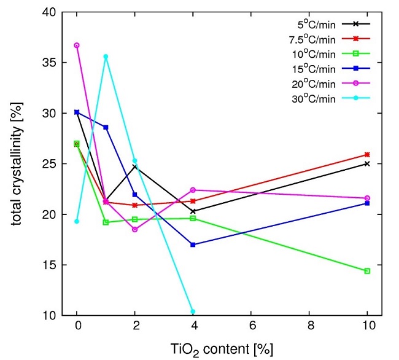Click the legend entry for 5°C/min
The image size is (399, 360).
313,25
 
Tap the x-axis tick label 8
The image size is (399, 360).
309,329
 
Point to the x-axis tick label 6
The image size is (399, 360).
251,329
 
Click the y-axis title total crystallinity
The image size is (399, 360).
16,163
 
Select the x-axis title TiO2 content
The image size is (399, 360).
222,348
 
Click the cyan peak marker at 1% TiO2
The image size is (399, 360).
106,57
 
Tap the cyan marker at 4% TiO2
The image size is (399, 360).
193,311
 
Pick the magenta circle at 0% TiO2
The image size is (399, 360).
77,45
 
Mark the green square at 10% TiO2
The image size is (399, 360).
367,271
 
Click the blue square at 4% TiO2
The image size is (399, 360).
193,245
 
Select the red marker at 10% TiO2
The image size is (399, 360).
367,155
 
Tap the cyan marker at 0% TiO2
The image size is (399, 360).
77,221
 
